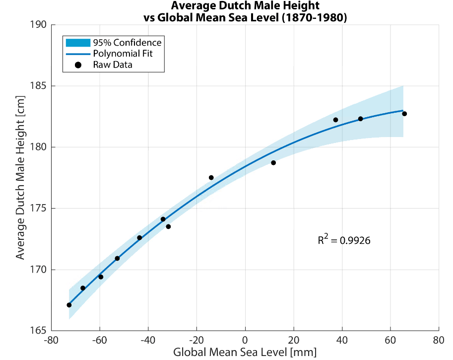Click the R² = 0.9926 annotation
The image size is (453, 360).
tap(344, 240)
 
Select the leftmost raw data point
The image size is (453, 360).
tap(69, 305)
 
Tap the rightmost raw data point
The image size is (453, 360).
tap(404, 114)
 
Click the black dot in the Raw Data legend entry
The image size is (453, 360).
tap(77, 65)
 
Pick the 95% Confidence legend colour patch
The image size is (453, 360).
tap(77, 42)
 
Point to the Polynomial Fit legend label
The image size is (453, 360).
tap(123, 54)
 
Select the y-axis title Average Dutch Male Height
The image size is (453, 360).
tap(20, 178)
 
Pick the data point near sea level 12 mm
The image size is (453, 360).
tap(273, 163)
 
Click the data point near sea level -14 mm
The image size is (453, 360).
tap(211, 177)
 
